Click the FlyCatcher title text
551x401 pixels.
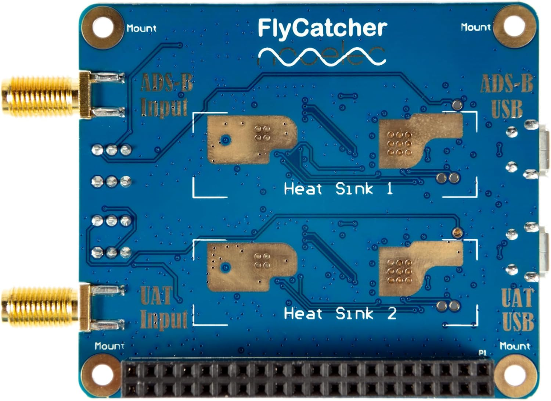pos(322,28)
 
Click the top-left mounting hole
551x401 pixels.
pos(102,27)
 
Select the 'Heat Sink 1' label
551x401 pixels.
pos(338,189)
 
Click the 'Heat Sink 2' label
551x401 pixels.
pos(340,314)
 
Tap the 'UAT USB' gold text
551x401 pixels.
pos(518,309)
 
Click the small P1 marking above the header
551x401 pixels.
pos(482,352)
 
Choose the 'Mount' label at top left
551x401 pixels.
pos(141,28)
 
